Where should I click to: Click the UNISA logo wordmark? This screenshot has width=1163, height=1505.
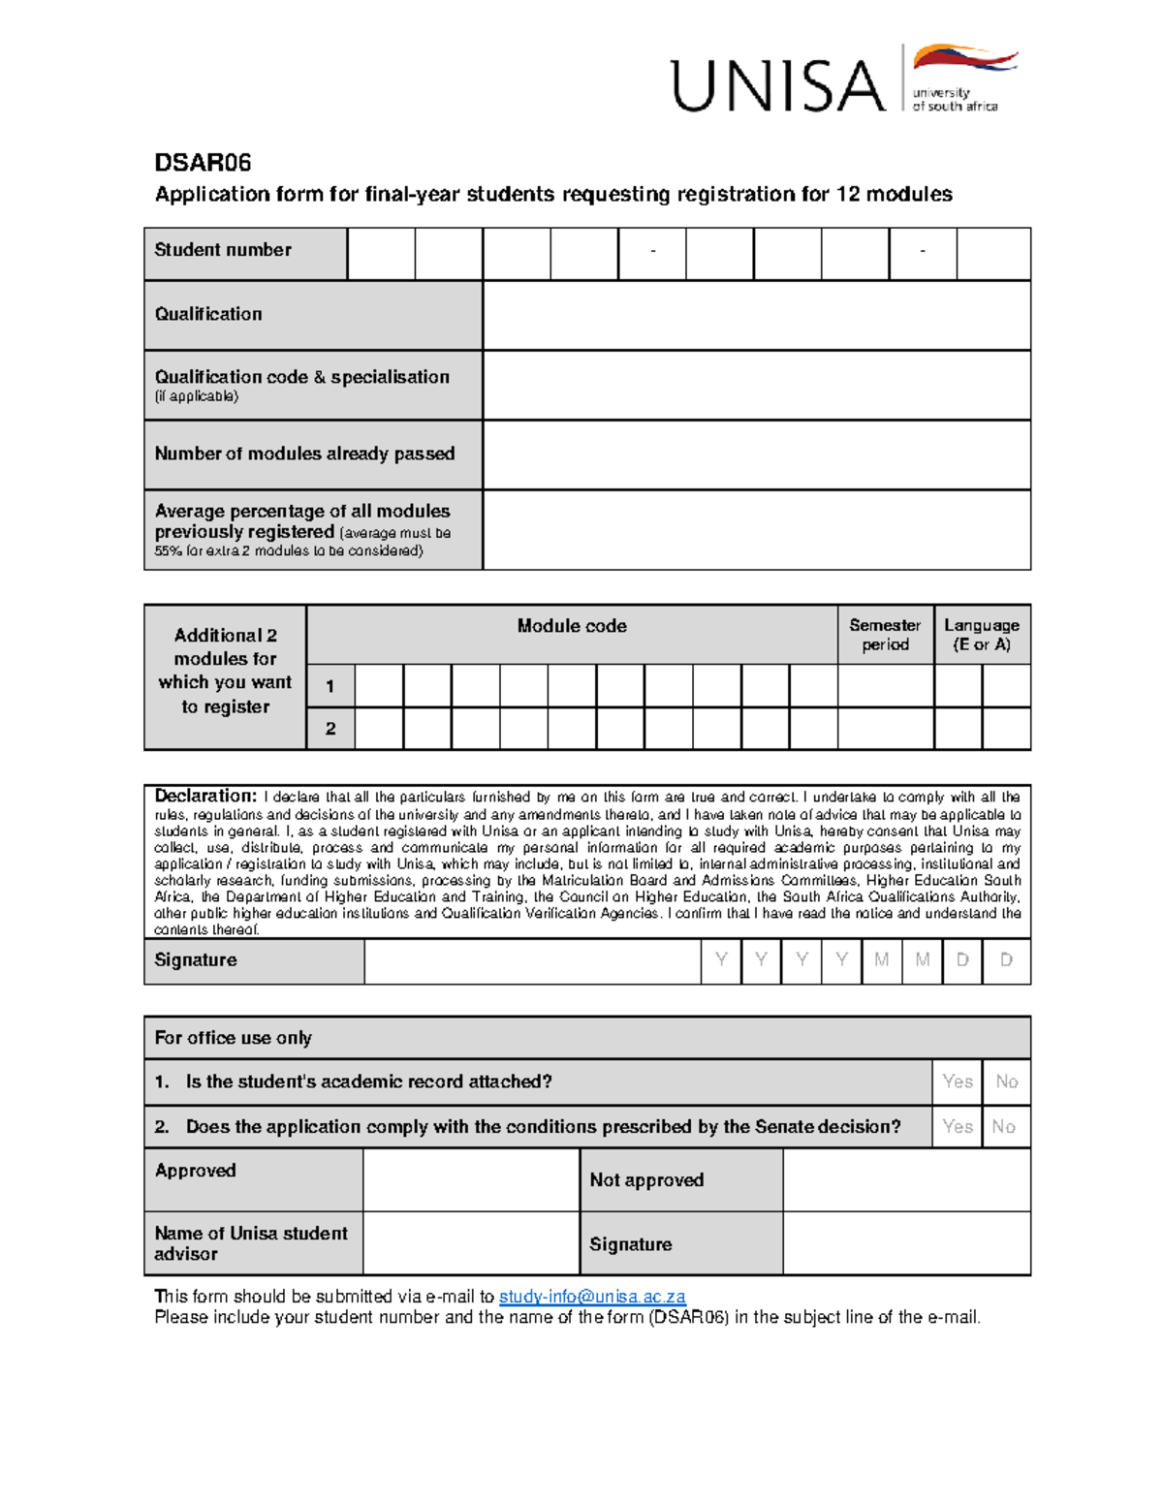pos(778,85)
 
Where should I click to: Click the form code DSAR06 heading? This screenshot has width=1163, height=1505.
pos(204,163)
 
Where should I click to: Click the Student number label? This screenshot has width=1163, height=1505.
pos(223,250)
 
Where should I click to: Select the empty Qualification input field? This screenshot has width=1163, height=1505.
pos(756,315)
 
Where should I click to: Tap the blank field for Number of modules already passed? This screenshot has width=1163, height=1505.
pos(756,455)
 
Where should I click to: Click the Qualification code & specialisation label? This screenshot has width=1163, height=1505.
pos(301,377)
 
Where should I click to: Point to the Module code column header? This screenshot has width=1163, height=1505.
pos(572,626)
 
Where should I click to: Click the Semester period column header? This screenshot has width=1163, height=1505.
pos(885,635)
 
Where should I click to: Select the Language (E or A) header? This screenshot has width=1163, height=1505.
pos(981,635)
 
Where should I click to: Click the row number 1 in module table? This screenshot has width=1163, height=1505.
pos(330,686)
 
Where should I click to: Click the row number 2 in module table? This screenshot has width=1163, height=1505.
pos(330,729)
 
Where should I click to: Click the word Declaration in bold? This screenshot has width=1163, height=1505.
pos(205,796)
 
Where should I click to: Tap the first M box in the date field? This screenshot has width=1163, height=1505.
pos(881,959)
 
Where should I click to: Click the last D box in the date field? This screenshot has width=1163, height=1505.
pos(1006,959)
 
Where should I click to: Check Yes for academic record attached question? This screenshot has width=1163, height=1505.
pos(958,1082)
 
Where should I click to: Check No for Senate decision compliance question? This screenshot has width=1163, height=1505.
pos(1004,1126)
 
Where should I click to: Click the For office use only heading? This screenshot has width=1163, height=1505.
pos(234,1038)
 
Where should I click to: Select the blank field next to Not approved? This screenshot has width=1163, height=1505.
pos(906,1179)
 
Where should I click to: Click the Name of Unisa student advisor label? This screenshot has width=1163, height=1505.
pos(250,1243)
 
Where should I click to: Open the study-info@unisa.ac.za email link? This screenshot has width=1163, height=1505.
pos(592,1297)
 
